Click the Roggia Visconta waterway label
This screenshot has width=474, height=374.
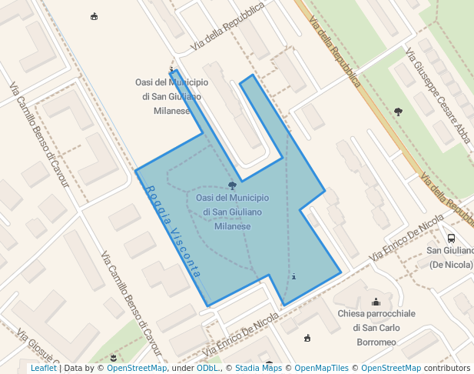(x=173, y=231)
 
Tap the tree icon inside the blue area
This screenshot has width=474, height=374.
(x=233, y=185)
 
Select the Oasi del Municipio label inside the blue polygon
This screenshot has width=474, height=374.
(x=232, y=212)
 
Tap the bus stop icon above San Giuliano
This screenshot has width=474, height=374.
(x=451, y=238)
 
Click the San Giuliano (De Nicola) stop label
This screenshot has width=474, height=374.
(x=450, y=258)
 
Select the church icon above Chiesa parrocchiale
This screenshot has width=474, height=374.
(x=376, y=302)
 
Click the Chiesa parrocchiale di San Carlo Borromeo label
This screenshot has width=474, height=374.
(x=376, y=328)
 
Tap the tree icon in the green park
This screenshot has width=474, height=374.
(x=398, y=112)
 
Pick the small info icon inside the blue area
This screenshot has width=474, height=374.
(x=293, y=276)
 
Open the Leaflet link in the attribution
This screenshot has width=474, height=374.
(x=43, y=368)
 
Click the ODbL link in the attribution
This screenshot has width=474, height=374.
(x=207, y=368)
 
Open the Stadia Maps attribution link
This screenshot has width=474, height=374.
(x=258, y=368)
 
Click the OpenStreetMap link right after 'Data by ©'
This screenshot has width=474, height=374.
(x=137, y=368)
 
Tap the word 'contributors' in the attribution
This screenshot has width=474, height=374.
(x=447, y=368)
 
